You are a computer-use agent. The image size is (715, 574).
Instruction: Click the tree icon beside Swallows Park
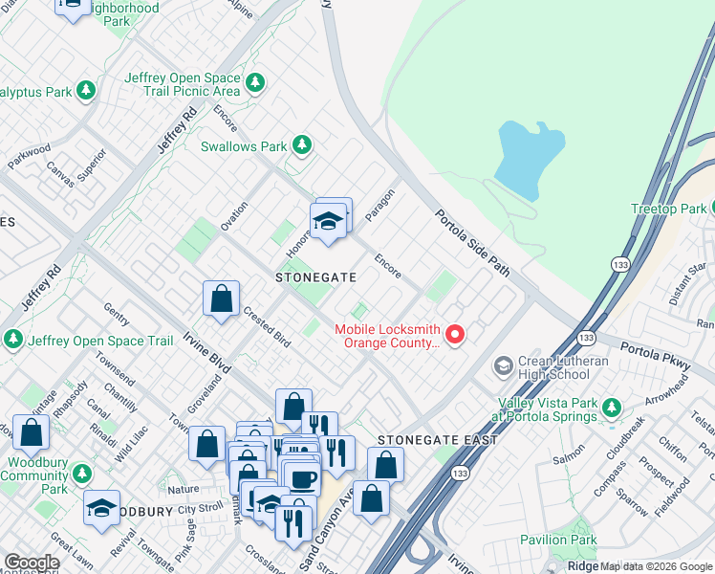pyautogui.click(x=302, y=145)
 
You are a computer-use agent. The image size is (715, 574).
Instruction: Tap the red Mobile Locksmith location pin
pyautogui.click(x=455, y=335)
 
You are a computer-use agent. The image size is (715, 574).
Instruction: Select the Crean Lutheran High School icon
pyautogui.click(x=502, y=366)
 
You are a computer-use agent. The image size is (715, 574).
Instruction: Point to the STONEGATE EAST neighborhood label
pyautogui.click(x=437, y=440)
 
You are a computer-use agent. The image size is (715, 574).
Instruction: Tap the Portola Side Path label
pyautogui.click(x=473, y=243)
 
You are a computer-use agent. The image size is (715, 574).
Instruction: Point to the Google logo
pyautogui.click(x=31, y=563)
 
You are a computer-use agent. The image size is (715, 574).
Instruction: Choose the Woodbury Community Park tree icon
pyautogui.click(x=82, y=473)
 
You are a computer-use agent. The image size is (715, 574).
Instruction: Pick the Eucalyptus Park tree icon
pyautogui.click(x=86, y=92)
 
